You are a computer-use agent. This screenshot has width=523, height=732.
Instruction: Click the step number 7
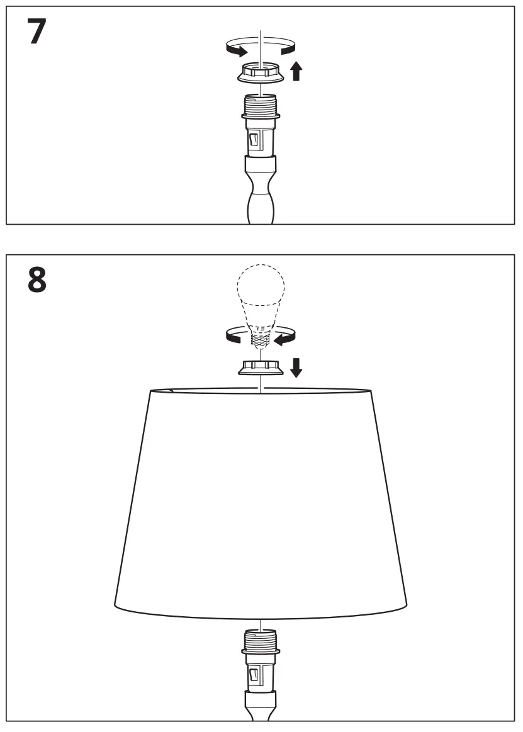click(37, 32)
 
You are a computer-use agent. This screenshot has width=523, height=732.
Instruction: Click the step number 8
click(37, 281)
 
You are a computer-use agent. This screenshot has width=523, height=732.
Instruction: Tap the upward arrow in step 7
click(296, 71)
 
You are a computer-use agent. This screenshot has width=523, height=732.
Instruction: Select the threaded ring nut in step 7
click(261, 74)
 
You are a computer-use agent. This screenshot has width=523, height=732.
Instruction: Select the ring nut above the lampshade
click(261, 368)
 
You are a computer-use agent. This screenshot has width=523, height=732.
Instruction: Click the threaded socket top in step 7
click(261, 103)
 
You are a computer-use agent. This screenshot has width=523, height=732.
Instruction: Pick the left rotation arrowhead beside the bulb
click(234, 339)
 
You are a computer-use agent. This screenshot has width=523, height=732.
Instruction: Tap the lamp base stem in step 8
click(261, 708)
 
